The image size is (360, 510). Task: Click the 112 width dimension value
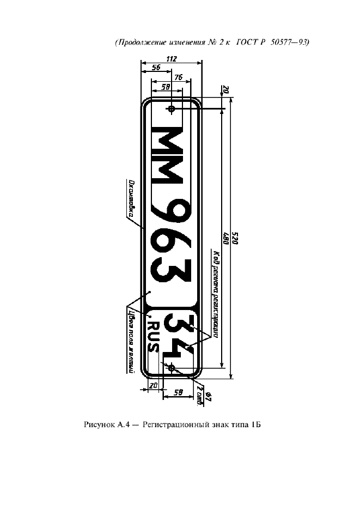tap(171, 59)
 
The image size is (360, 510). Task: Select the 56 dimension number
tap(156, 68)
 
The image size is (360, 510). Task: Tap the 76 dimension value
tap(178, 77)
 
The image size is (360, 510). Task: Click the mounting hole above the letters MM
tap(172, 110)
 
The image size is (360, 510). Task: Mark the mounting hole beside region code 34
tap(172, 368)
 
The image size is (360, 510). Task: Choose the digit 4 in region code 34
tap(179, 349)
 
